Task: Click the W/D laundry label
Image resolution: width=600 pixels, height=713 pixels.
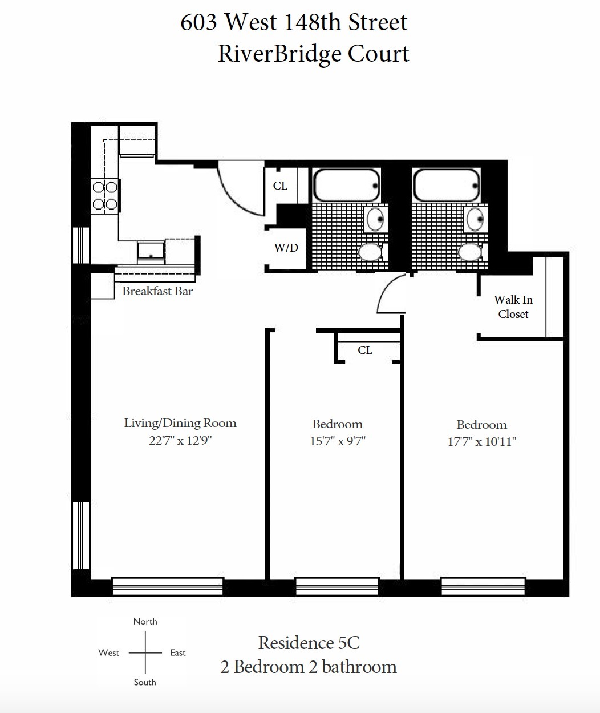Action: click(286, 248)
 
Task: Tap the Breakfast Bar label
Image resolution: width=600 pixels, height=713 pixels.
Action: click(157, 291)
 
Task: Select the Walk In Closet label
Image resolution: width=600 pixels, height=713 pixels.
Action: click(513, 307)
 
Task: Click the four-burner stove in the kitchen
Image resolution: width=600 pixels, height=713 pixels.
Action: click(105, 196)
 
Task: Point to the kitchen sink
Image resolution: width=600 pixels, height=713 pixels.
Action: click(151, 253)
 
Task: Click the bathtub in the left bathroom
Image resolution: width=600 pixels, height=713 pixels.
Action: click(347, 185)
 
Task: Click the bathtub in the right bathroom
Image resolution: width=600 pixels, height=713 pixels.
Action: click(446, 185)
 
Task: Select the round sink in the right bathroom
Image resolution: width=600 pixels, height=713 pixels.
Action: click(475, 219)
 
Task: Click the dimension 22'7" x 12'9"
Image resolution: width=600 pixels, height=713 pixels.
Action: click(180, 441)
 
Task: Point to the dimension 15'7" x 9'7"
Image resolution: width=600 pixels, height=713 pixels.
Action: click(337, 441)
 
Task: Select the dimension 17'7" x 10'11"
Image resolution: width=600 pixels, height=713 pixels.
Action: click(481, 442)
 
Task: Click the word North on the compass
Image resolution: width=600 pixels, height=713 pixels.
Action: click(145, 622)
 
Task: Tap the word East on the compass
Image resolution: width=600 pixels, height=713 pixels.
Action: click(178, 653)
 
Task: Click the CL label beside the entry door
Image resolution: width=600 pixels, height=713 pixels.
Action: click(280, 186)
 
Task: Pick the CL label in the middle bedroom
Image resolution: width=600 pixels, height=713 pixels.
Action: click(364, 350)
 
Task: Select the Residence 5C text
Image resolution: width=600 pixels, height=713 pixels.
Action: click(309, 643)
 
